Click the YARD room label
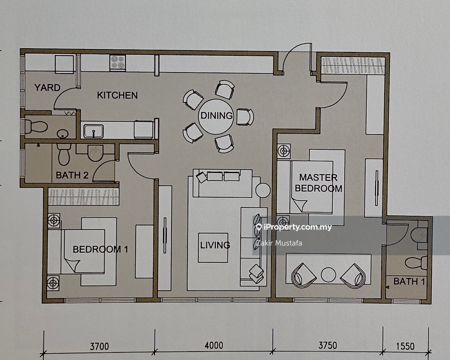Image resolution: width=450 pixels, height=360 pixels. (x=47, y=87)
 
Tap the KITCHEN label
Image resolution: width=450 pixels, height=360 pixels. (x=117, y=95)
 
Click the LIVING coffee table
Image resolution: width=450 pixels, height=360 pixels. (x=213, y=248)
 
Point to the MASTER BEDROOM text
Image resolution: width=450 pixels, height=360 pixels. (x=318, y=183)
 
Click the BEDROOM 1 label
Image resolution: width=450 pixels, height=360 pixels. (x=100, y=249)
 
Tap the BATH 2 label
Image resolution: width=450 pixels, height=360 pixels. (x=72, y=175)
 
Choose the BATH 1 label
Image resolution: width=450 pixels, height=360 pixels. (x=409, y=281)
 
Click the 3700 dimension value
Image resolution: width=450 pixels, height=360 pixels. (x=99, y=346)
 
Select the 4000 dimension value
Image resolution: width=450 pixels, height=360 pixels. (x=214, y=346)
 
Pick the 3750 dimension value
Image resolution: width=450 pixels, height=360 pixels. (x=328, y=346)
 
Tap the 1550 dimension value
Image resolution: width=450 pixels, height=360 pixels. (x=405, y=346)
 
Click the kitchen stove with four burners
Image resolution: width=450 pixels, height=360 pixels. (x=118, y=62)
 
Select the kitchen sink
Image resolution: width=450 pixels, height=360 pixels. (x=93, y=131)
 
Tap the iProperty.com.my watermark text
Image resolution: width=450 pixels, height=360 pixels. (x=294, y=228)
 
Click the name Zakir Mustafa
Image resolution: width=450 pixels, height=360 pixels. (x=279, y=243)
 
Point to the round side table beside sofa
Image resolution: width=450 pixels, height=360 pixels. (x=263, y=190)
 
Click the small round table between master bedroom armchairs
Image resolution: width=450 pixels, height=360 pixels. (x=328, y=275)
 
